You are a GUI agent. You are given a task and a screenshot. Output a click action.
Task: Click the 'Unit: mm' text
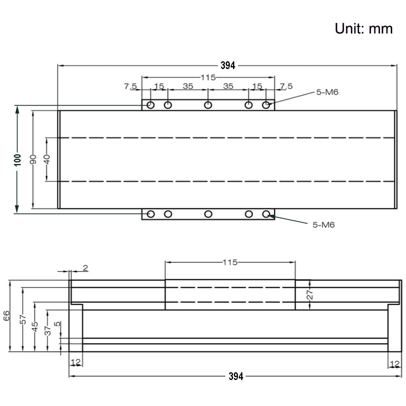pos(363,28)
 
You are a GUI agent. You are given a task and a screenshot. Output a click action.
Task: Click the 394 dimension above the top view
pos(228,65)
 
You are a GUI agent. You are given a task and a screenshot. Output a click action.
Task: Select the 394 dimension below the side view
pos(235,376)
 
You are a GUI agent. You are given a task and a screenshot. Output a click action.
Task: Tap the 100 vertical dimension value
pos(17,159)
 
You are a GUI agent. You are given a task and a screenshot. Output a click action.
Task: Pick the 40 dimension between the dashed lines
pos(47,159)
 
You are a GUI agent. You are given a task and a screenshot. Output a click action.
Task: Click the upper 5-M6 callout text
pos(327,92)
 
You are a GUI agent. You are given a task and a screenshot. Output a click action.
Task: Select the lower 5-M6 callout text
pos(324,225)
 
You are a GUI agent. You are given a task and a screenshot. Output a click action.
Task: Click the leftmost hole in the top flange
pos(151,105)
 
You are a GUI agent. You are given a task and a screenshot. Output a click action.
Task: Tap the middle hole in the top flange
pos(208,105)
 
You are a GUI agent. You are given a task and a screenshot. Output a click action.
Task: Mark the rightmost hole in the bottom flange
pos(266,214)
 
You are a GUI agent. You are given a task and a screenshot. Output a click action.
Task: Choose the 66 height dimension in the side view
pos(7,316)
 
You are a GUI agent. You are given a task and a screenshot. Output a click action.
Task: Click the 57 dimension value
pos(23,320)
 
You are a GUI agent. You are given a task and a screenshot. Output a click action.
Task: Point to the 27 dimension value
pos(309,295)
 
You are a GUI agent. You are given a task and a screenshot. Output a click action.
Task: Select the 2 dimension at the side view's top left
pos(85,268)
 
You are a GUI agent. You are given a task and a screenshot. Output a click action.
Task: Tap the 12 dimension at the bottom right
pos(394,363)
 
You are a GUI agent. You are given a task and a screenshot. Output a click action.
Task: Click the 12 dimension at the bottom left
pos(76,362)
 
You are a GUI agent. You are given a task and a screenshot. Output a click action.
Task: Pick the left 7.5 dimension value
pos(130,86)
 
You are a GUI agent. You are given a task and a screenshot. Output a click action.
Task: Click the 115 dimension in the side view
pos(230,262)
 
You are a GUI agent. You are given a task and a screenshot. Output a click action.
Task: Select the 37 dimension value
pos(48,330)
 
